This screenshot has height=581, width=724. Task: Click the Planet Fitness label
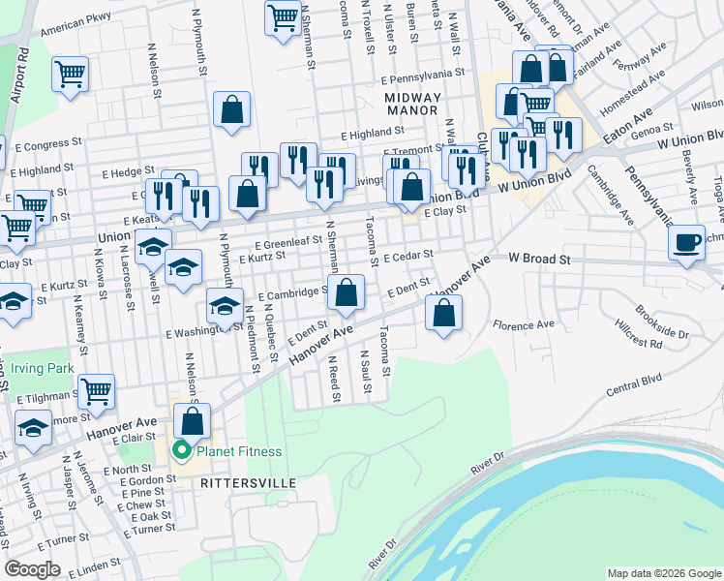point(239,451)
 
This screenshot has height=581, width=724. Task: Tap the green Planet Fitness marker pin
point(180,451)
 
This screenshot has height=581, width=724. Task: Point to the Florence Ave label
point(524,323)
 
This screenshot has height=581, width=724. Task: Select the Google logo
point(32,568)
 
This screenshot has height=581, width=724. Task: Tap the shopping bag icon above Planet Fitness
point(192,420)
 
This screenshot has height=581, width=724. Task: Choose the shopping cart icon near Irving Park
point(96,391)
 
